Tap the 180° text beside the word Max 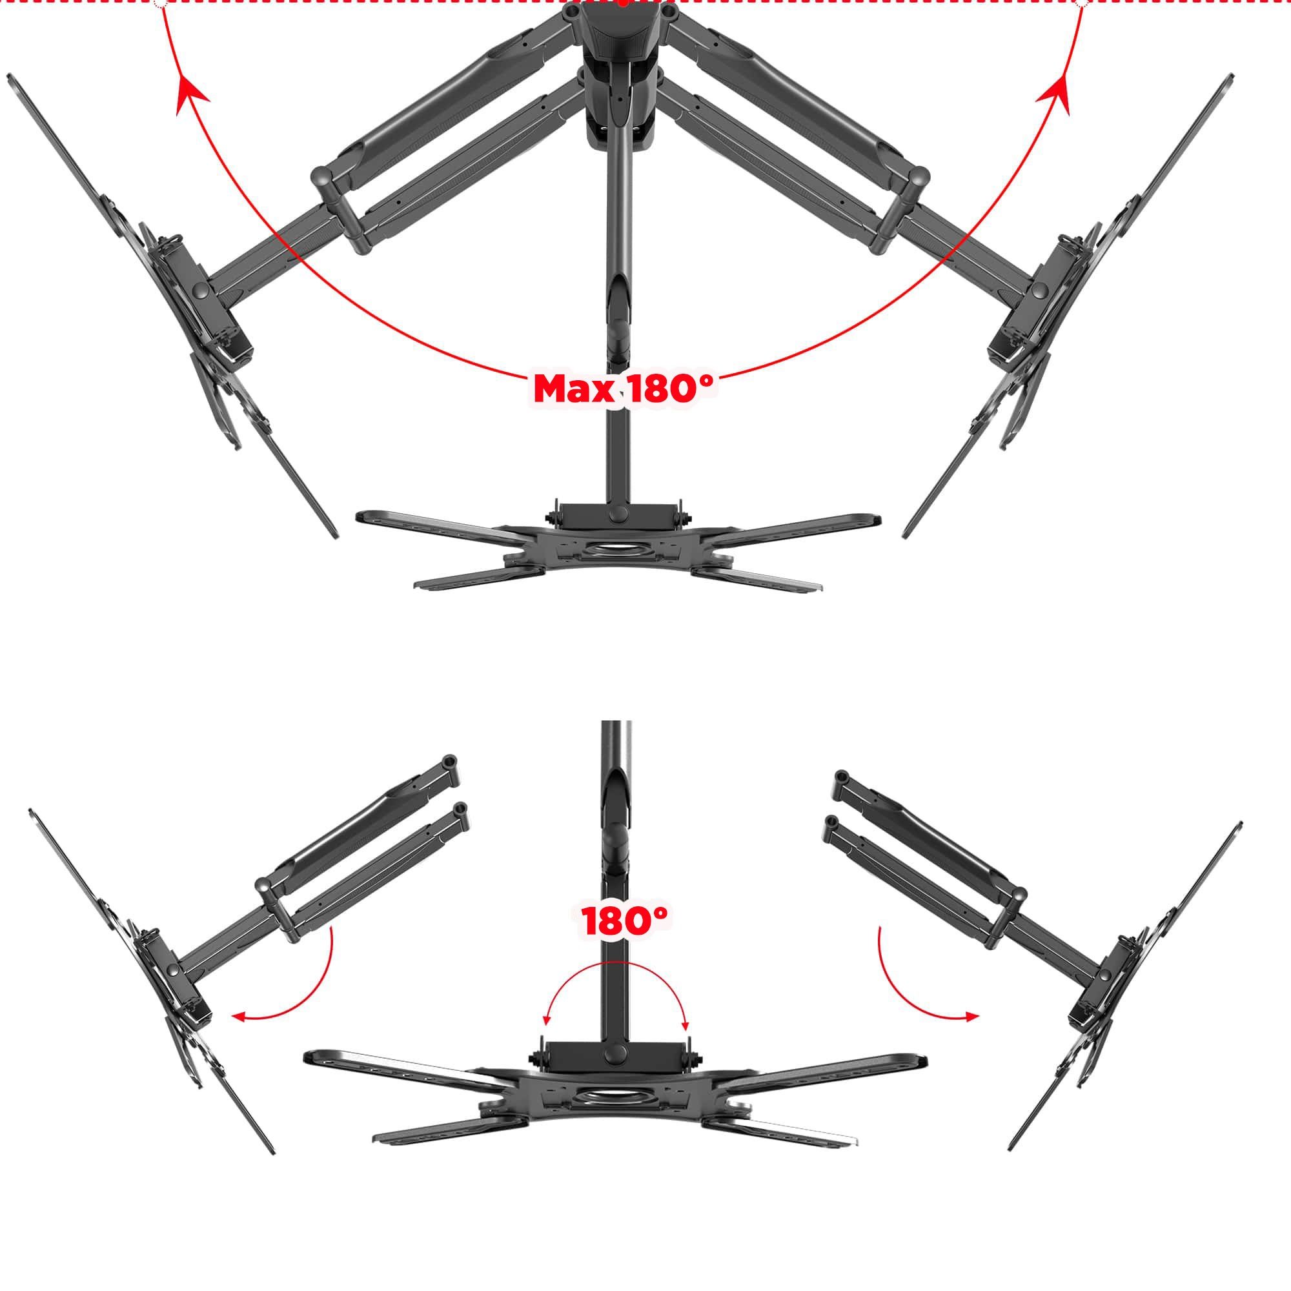(670, 387)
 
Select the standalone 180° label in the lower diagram (625, 922)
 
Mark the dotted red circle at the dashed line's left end (160, 3)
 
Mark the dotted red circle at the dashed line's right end (1083, 3)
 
